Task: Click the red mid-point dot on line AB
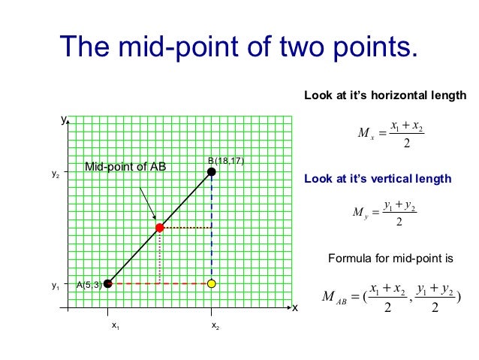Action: pos(160,227)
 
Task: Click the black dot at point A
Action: pos(108,283)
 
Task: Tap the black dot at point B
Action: pos(212,171)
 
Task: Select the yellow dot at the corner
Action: pos(212,283)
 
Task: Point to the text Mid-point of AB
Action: pos(125,167)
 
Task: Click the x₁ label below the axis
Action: pos(115,325)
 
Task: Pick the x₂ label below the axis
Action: pos(215,325)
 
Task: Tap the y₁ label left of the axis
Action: pos(55,286)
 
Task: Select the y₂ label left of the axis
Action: pos(55,174)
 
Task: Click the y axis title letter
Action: pos(64,119)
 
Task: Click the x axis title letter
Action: pos(295,308)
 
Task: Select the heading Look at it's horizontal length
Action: pos(384,95)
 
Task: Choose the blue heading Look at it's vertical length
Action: pos(377,179)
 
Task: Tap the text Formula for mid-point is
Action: pos(391,259)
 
